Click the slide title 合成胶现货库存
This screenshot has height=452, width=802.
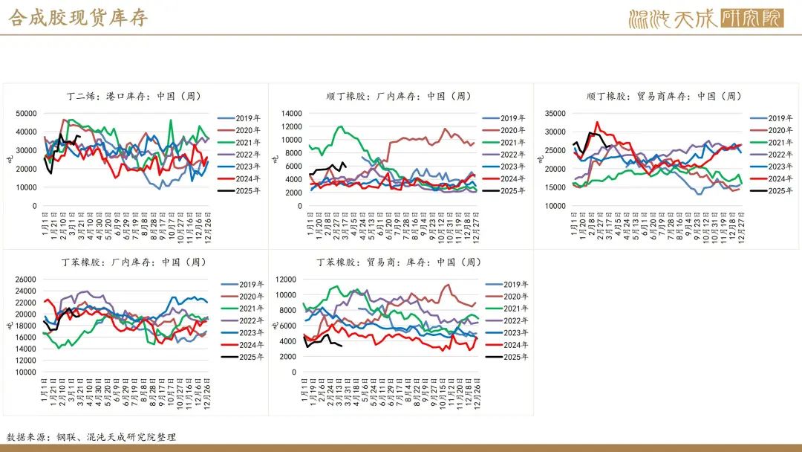[x=78, y=17]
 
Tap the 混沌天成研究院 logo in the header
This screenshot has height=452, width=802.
[x=705, y=18]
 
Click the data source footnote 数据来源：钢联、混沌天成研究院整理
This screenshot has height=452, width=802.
[x=91, y=437]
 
